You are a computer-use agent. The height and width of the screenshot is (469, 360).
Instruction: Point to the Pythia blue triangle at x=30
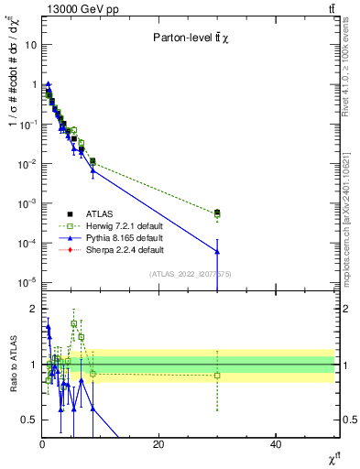point(217,251)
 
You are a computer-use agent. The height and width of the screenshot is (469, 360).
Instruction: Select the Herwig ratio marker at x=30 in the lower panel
point(217,375)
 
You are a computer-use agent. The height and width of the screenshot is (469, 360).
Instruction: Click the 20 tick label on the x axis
point(158,444)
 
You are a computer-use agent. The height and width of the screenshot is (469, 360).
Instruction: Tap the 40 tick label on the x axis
point(276,444)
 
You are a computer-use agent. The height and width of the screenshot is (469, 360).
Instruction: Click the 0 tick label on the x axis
point(42,444)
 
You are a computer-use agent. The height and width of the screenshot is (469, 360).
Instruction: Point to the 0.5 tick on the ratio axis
point(29,420)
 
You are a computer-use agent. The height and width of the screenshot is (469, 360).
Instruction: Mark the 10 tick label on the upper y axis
point(29,44)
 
